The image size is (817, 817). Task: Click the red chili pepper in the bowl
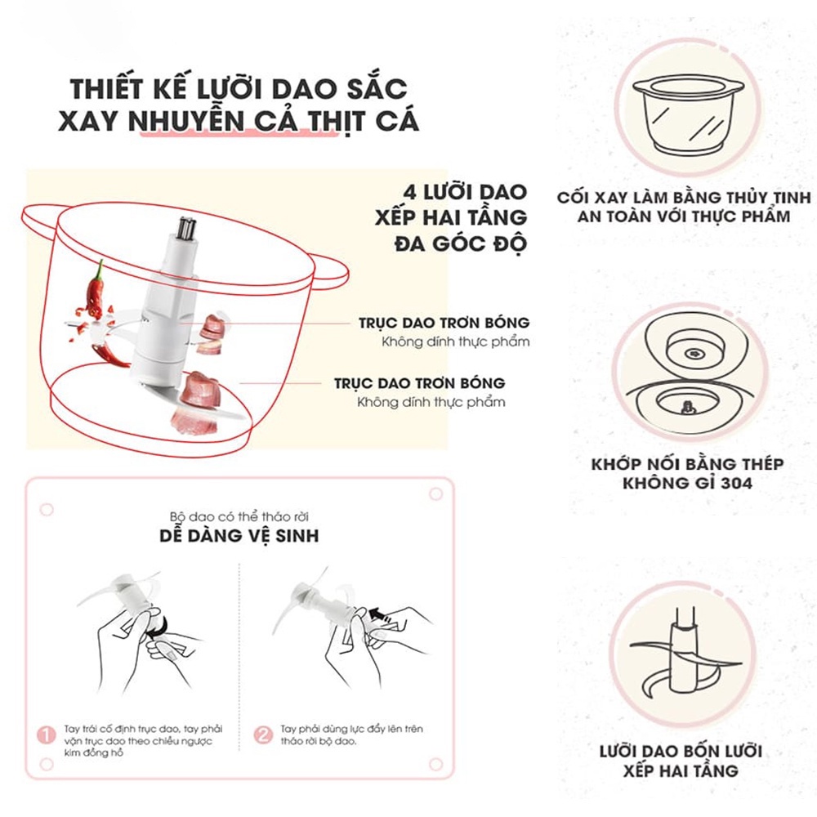[x=96, y=291]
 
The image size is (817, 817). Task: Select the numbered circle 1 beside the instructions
[x=48, y=734]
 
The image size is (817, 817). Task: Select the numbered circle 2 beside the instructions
[x=263, y=734]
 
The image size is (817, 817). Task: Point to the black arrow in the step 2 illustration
[x=377, y=611]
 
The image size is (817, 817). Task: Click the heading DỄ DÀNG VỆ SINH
[x=239, y=537]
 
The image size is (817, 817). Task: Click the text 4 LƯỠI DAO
[x=460, y=192]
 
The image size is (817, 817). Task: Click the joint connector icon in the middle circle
[x=685, y=371]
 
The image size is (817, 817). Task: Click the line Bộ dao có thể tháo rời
[x=239, y=516]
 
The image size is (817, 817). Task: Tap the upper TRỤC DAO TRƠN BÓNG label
[x=444, y=323]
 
